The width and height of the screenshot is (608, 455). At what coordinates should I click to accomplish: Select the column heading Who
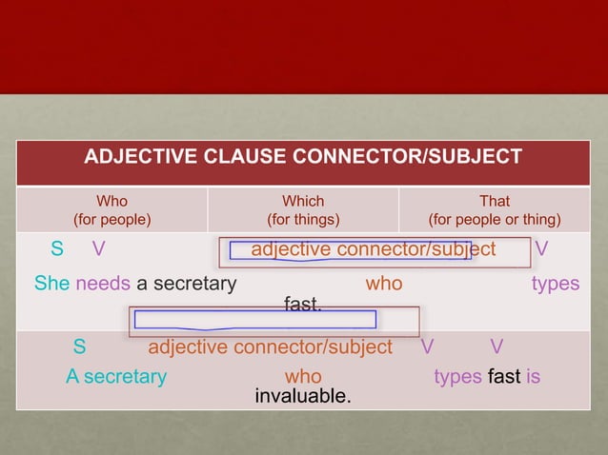[112, 201]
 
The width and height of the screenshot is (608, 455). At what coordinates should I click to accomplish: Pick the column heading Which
[303, 201]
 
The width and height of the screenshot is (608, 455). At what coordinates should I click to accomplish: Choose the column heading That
[495, 201]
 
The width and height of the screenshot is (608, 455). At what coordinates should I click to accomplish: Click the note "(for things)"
[303, 220]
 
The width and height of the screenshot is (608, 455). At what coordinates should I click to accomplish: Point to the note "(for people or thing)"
[495, 220]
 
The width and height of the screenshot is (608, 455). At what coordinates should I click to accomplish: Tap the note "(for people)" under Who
[112, 220]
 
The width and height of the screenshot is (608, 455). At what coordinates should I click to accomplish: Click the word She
[51, 284]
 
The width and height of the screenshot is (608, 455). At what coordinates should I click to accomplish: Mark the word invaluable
[302, 395]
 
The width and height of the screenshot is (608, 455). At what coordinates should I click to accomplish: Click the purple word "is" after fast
[533, 376]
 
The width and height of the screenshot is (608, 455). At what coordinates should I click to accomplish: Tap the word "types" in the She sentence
[556, 284]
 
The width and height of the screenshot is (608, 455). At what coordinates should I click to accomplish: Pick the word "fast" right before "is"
[503, 376]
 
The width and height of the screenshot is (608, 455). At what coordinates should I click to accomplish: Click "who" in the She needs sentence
[384, 284]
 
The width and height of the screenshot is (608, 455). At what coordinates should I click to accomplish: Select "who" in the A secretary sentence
[303, 376]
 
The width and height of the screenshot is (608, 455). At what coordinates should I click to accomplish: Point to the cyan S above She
[57, 249]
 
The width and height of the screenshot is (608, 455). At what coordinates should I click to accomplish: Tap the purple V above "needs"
[98, 249]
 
